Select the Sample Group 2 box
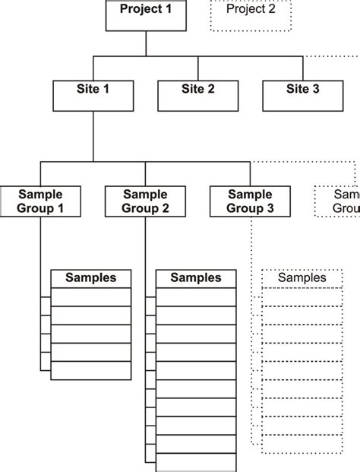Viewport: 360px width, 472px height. point(145,201)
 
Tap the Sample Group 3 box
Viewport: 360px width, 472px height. point(250,201)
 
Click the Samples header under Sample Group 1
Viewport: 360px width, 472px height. point(90,278)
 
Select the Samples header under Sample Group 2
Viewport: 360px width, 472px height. point(196,278)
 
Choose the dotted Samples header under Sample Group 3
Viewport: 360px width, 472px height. point(302,278)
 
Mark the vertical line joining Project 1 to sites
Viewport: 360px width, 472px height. point(145,43)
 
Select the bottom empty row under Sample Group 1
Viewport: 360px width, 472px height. point(90,371)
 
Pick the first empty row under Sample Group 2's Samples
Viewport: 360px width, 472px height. point(196,296)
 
